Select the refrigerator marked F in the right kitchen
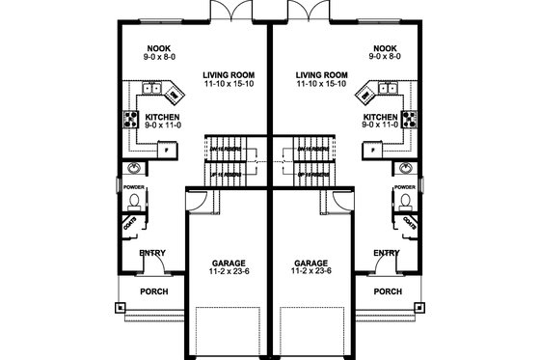[372, 152]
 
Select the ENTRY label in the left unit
[152, 253]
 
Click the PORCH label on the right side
[387, 291]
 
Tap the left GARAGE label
[226, 262]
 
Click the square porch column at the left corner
[119, 311]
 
